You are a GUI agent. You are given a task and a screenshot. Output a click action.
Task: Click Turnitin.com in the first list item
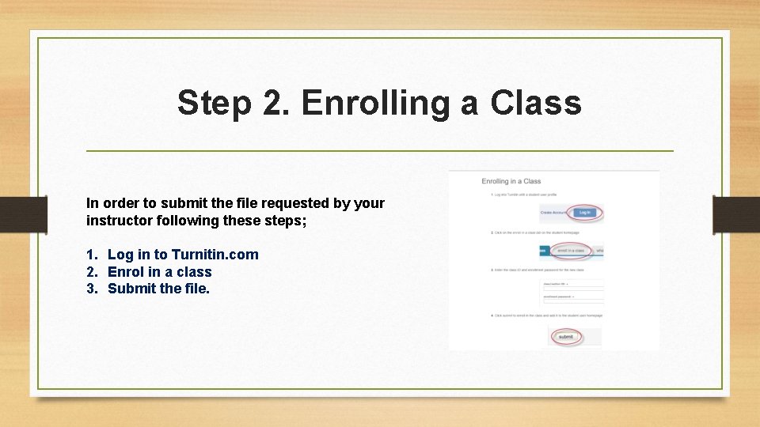215,254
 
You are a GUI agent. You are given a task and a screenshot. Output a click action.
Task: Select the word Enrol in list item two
126,271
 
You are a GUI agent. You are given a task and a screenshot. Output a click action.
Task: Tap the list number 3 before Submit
91,289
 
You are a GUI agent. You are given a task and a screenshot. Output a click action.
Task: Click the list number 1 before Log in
91,254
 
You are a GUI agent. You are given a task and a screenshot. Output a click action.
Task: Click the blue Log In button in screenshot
584,213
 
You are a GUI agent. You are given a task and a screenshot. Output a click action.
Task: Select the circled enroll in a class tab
570,251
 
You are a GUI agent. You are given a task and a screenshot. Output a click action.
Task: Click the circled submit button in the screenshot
566,337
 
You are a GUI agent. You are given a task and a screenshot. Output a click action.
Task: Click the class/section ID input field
572,285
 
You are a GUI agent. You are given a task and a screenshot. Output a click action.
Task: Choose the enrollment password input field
572,300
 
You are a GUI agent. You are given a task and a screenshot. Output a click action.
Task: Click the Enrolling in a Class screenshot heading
511,181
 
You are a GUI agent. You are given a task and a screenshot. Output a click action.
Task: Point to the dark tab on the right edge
736,214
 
